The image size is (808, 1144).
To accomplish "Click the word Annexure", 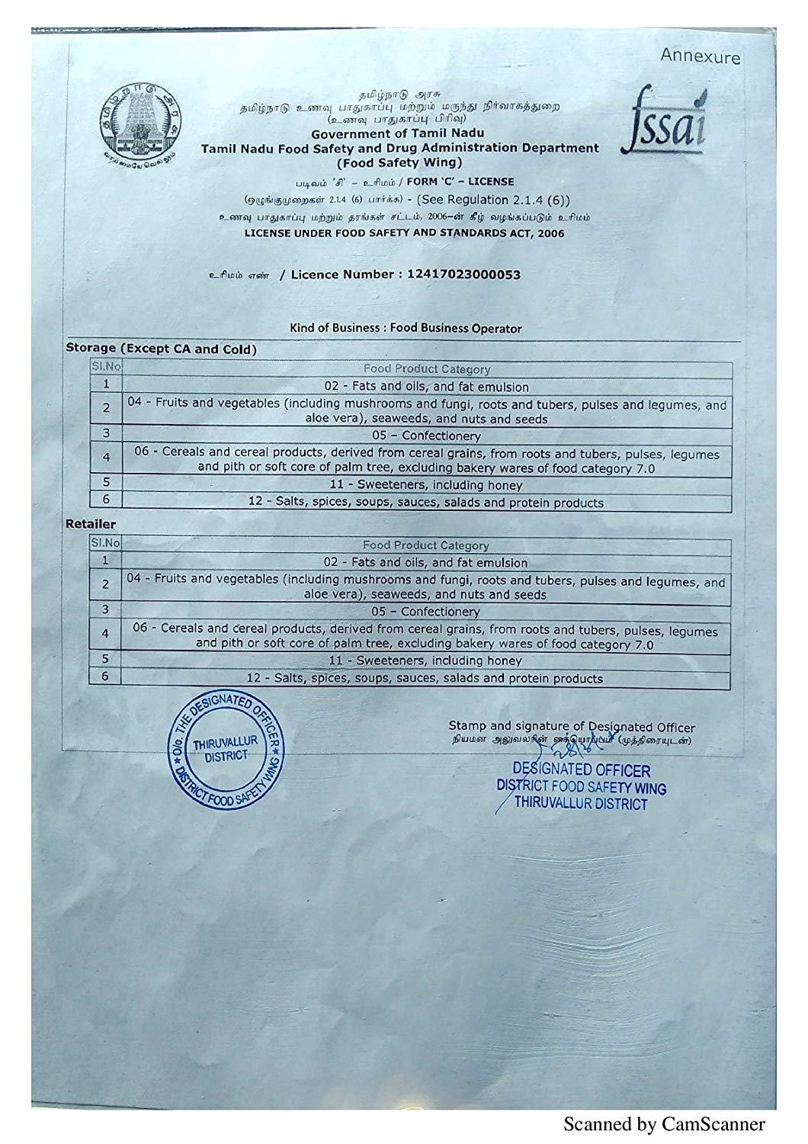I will [x=700, y=56].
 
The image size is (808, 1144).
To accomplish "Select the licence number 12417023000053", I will [x=459, y=275].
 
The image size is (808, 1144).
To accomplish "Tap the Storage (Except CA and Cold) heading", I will [x=161, y=349].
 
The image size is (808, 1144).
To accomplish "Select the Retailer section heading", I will [x=91, y=525].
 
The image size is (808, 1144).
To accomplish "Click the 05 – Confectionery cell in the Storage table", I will [x=426, y=436].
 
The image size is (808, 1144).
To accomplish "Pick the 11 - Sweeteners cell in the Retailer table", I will [x=425, y=660].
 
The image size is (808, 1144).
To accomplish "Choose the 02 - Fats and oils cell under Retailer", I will [x=425, y=563].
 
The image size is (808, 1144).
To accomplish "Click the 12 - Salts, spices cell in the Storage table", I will [x=426, y=503].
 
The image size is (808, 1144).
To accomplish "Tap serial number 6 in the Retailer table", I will [x=106, y=676].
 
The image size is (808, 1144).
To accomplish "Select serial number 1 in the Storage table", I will [x=107, y=385].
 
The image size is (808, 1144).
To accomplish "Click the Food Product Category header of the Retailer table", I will [x=425, y=545].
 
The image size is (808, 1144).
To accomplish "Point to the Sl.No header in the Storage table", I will [x=107, y=368].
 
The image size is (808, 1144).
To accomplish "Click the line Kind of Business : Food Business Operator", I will [x=406, y=328].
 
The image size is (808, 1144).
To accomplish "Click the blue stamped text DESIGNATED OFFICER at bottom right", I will [x=582, y=770].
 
